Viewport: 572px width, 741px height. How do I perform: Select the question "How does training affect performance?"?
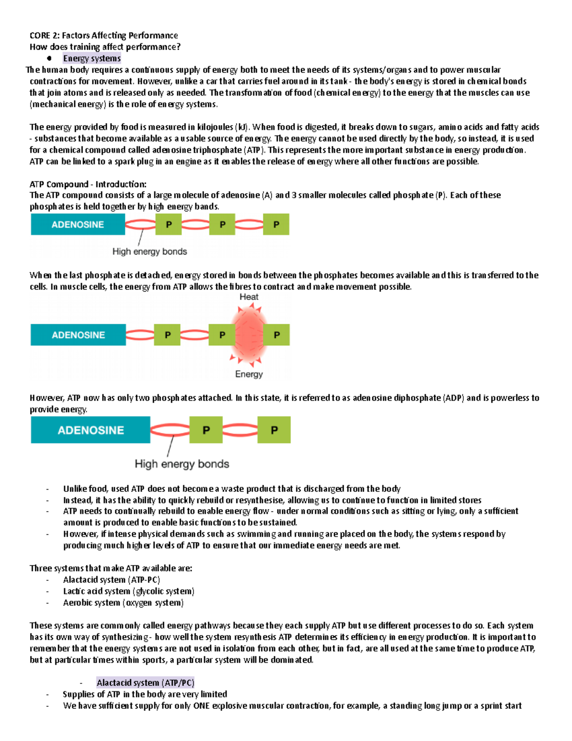click(x=105, y=47)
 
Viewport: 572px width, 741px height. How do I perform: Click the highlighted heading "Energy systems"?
click(x=92, y=58)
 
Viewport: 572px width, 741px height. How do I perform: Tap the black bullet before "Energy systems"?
click(x=49, y=58)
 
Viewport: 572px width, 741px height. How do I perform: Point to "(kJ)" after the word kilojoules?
click(x=242, y=127)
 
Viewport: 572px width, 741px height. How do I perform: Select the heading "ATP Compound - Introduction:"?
click(x=88, y=184)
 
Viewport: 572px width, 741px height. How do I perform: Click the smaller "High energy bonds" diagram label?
click(x=149, y=251)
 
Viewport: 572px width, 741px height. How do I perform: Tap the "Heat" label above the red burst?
click(x=248, y=297)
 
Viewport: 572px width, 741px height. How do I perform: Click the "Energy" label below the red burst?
click(x=248, y=374)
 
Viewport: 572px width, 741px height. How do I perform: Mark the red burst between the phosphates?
click(x=249, y=334)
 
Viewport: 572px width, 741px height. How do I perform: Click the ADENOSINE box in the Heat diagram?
click(x=78, y=335)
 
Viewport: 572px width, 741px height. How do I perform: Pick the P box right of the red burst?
click(x=276, y=335)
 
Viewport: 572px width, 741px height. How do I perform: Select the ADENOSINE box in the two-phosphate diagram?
click(x=91, y=430)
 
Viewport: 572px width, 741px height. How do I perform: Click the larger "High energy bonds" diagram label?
click(x=182, y=464)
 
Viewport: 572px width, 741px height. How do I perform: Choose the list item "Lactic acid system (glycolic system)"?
click(x=129, y=591)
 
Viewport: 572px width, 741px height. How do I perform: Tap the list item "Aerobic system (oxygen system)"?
click(x=123, y=603)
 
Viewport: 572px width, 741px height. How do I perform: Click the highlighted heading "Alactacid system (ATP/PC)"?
click(x=145, y=683)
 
